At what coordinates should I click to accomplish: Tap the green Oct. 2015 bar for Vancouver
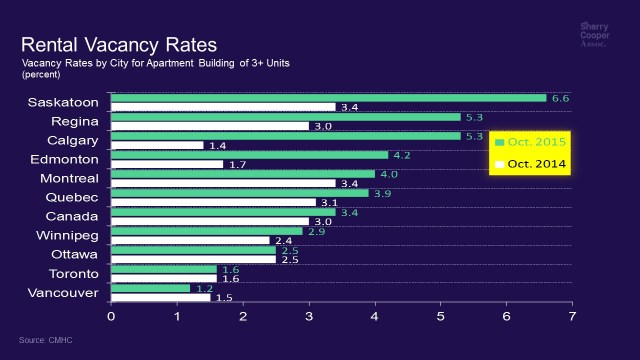point(150,288)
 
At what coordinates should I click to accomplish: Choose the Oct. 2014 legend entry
point(530,163)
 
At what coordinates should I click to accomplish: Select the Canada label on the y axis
point(72,216)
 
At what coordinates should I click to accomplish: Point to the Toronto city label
point(73,273)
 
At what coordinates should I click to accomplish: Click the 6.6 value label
point(560,98)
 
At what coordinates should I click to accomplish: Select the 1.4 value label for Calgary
point(217,146)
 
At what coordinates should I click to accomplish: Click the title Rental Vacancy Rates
point(118,45)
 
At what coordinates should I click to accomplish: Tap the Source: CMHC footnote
point(45,340)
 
